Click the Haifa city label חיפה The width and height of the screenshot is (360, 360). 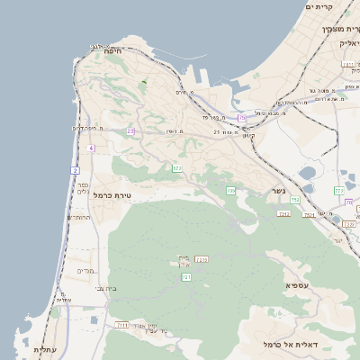coord(113,52)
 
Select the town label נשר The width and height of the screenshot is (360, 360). coord(278,192)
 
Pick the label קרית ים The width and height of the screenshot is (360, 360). coord(319,7)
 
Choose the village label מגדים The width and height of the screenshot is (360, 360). coord(86,271)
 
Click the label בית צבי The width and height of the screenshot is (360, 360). coord(105,289)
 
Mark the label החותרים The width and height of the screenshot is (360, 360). coord(79,217)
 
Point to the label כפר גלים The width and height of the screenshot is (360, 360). coord(83,187)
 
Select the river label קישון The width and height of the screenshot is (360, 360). coord(247,136)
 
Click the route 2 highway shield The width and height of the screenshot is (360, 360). coord(75,169)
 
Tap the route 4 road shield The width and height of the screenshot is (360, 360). coord(91,148)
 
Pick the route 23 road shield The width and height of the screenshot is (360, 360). coord(130,130)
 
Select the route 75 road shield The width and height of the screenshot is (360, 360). coord(241,118)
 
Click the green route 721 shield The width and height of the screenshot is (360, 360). coord(186,277)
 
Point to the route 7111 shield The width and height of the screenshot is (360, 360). coord(123,325)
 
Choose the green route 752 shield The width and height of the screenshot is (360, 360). coord(294,200)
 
